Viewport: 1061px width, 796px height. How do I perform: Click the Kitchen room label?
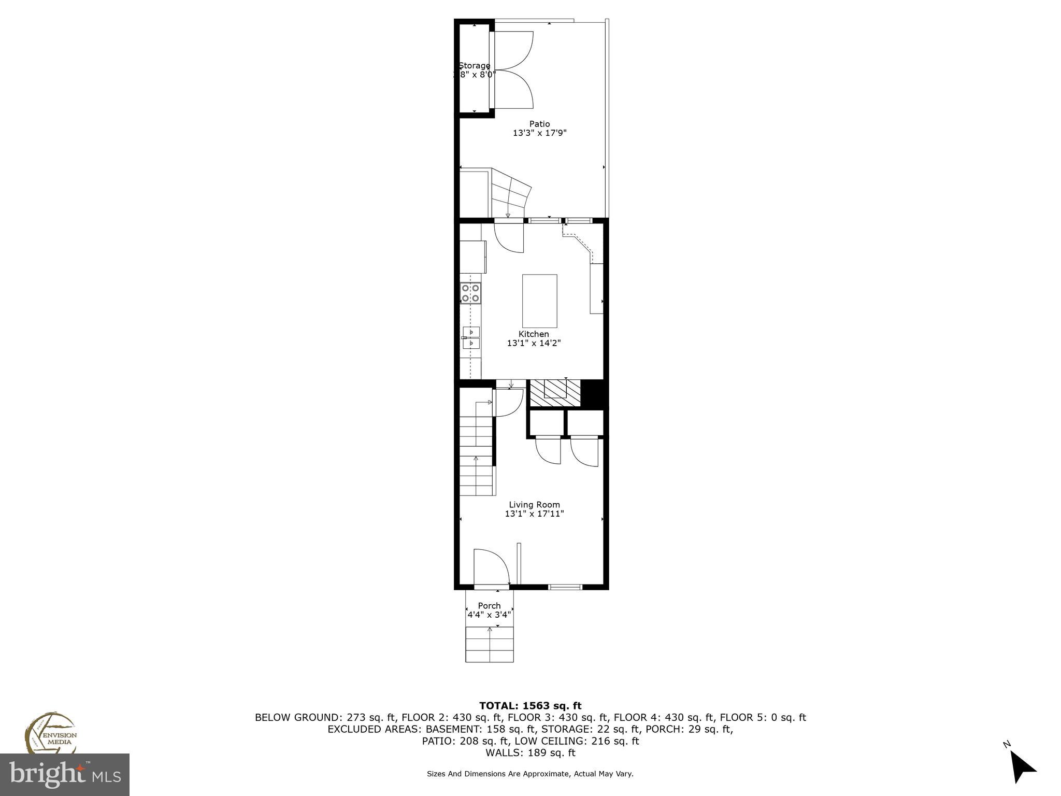point(534,334)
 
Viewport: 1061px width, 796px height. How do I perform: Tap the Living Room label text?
point(534,505)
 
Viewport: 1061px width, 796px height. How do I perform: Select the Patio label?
point(539,124)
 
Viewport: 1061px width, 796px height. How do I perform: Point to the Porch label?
point(489,606)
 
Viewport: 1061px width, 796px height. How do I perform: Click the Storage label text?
point(474,66)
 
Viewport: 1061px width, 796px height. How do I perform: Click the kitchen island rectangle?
point(539,301)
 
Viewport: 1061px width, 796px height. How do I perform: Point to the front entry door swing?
point(491,568)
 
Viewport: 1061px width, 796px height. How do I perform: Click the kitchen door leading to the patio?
point(509,237)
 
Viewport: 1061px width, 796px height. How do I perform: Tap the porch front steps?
point(490,644)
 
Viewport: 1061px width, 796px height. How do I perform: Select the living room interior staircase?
point(476,451)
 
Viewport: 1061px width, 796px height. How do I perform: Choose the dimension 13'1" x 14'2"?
point(534,343)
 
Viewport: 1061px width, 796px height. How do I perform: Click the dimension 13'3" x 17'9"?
point(539,133)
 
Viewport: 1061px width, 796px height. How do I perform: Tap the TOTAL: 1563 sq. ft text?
point(530,706)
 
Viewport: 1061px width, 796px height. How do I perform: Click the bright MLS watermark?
point(65,775)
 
